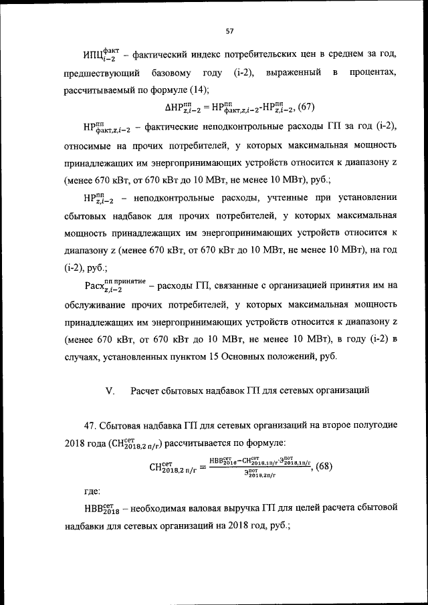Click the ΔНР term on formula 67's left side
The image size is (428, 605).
click(x=181, y=108)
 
